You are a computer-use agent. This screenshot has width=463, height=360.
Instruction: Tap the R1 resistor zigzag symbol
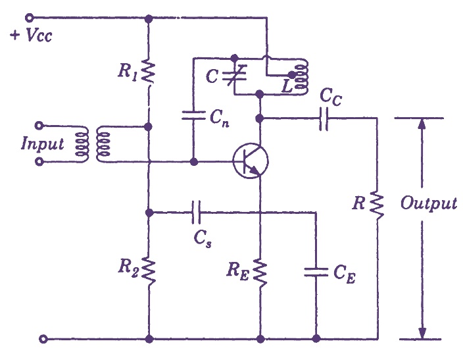point(149,72)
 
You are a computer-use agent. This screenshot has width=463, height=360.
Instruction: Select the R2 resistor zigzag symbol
point(149,268)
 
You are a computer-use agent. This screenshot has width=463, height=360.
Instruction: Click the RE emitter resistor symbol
point(261,271)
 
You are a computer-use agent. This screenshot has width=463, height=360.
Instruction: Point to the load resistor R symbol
point(378,202)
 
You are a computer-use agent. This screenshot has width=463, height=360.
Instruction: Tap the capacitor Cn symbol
point(193,116)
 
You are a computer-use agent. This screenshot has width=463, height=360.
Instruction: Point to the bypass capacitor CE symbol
point(316,271)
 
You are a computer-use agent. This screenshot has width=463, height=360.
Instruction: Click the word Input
point(43,143)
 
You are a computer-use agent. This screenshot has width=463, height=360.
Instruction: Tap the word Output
point(429,203)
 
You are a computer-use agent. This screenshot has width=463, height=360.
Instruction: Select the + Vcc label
point(30,35)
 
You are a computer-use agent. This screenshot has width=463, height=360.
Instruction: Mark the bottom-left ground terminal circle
point(43,340)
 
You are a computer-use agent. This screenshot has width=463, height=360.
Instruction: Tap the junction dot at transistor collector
point(261,118)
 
